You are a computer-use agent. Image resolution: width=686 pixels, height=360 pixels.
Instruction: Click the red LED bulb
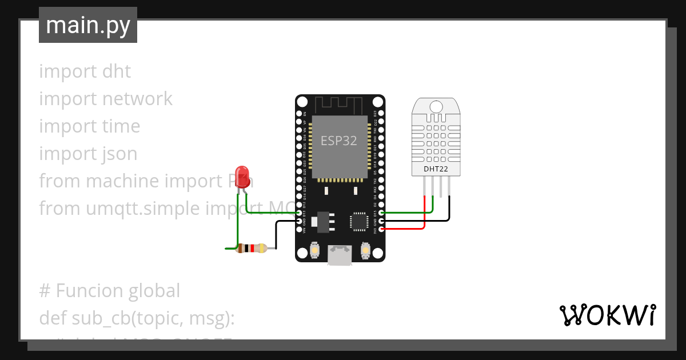click(x=242, y=174)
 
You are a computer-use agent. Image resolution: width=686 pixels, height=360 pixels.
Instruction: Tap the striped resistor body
click(x=251, y=248)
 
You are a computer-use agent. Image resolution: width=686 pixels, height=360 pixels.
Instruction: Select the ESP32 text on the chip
click(x=339, y=141)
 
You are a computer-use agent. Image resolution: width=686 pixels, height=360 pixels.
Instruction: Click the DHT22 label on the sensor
click(x=436, y=169)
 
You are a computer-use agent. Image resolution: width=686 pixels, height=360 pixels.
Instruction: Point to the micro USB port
click(x=340, y=255)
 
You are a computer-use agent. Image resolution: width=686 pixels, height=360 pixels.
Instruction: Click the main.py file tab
click(x=88, y=25)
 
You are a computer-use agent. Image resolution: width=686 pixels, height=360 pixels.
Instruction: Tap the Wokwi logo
click(x=607, y=315)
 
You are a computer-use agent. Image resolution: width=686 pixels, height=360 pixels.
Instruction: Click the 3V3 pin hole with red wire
click(x=381, y=229)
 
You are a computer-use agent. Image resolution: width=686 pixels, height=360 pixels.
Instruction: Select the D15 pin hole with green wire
click(x=381, y=213)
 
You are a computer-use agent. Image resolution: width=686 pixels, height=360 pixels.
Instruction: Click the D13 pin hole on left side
click(x=299, y=213)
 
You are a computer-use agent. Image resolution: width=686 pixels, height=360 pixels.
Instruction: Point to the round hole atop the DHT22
click(x=436, y=106)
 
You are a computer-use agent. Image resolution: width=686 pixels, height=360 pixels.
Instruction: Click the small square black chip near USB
click(x=360, y=221)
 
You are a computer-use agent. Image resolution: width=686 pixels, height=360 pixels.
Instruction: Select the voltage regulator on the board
click(x=322, y=221)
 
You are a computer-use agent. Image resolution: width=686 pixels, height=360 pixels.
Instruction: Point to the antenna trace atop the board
click(x=340, y=105)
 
